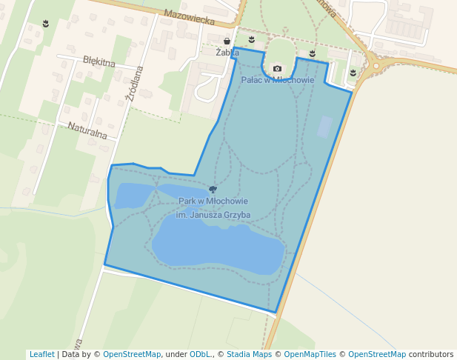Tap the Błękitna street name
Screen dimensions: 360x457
coord(99,61)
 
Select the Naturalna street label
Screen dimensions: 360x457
coord(87,130)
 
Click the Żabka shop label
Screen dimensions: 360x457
coord(227,53)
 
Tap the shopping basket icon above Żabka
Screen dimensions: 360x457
coord(227,41)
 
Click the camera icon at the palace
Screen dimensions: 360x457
coord(277,69)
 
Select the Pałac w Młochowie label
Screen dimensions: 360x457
coord(278,80)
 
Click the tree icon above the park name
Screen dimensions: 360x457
coord(213,190)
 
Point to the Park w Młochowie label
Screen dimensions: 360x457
coord(213,201)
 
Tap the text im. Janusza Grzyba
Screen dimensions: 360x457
coord(213,215)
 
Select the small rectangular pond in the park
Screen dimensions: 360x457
coord(324,127)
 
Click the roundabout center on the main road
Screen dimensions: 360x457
coord(376,66)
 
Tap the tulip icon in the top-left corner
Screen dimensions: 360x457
coord(46,24)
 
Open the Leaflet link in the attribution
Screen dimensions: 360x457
coord(41,355)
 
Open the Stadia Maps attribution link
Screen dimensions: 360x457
coord(248,355)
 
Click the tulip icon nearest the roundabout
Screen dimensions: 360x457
coord(353,73)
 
